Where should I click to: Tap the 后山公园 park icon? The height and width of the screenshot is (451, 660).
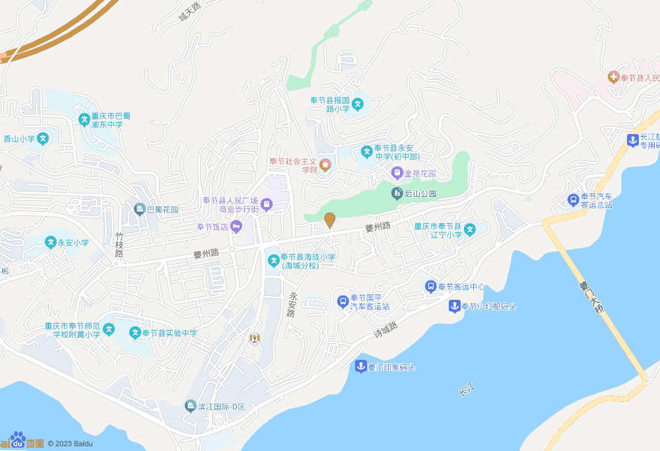(397, 193)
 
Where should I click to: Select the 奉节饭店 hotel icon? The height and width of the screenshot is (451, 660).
(237, 227)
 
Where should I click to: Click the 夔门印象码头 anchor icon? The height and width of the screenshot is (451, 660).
(360, 366)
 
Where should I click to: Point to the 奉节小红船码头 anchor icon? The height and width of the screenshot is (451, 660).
(454, 306)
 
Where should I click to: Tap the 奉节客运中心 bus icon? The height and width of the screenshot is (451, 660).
(430, 287)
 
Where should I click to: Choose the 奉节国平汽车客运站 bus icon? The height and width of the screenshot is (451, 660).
(343, 302)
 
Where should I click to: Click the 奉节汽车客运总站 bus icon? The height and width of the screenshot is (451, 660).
(573, 199)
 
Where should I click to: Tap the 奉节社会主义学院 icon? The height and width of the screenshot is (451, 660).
(325, 164)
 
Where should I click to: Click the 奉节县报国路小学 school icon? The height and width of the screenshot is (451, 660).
(357, 104)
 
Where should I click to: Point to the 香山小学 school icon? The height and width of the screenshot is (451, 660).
(43, 139)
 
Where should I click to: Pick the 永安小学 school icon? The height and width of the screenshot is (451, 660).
(50, 242)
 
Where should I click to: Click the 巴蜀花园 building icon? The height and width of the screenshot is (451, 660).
(139, 209)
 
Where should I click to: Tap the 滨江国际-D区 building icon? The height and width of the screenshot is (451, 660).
(190, 405)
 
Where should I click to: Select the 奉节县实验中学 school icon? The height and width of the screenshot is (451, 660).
(135, 333)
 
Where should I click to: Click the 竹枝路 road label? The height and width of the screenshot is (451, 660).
(119, 244)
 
